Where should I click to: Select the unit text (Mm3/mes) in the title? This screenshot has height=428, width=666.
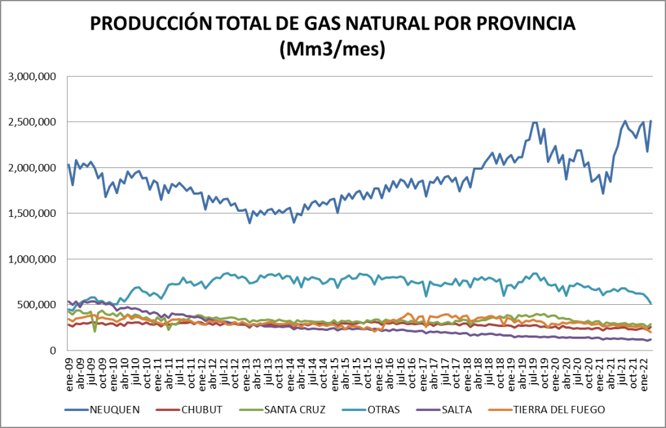point(333,49)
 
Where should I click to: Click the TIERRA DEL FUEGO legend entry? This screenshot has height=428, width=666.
point(561,409)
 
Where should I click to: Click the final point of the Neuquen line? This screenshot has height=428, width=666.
point(650,121)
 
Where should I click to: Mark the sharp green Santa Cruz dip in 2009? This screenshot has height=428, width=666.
point(95,331)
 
